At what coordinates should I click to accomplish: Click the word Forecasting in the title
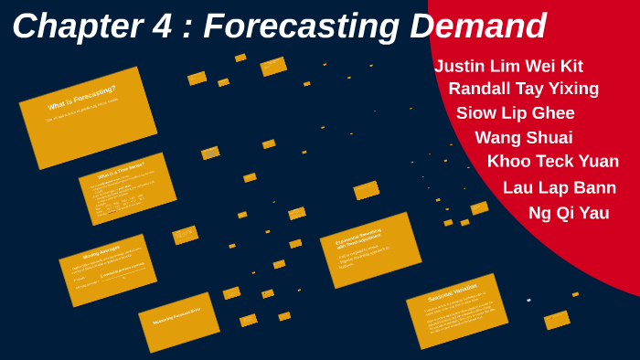[x=301, y=26]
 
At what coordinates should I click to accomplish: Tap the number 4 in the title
[x=161, y=26]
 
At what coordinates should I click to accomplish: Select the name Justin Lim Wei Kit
[x=508, y=66]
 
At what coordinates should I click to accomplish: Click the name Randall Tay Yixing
[x=523, y=89]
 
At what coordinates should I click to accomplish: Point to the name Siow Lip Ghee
[x=515, y=113]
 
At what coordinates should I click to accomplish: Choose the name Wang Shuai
[x=523, y=138]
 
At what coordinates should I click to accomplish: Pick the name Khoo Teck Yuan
[x=552, y=162]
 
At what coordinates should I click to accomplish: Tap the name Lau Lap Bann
[x=559, y=187]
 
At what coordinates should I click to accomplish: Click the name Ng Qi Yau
[x=568, y=213]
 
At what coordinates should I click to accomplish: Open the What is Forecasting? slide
[x=88, y=117]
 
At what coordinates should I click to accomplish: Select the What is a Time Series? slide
[x=127, y=188]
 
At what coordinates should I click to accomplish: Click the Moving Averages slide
[x=108, y=270]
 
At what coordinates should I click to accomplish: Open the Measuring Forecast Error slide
[x=178, y=322]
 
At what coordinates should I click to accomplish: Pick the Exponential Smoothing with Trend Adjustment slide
[x=370, y=249]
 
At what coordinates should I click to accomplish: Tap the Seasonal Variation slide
[x=456, y=310]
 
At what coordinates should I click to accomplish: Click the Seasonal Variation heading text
[x=452, y=293]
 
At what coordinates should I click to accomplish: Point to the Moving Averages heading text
[x=101, y=252]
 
